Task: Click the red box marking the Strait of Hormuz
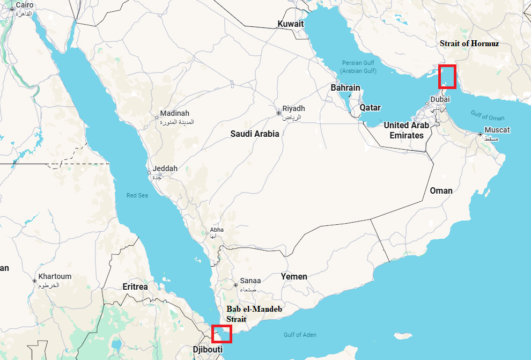click(447, 77)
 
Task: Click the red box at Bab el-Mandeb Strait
click(222, 334)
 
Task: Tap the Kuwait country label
click(290, 24)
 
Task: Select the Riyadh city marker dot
click(278, 113)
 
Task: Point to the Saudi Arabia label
click(255, 134)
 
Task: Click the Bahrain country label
click(345, 87)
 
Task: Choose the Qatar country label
click(370, 107)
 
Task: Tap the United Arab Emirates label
click(407, 130)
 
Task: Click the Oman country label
click(441, 190)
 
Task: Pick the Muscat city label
click(497, 130)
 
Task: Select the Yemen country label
click(294, 276)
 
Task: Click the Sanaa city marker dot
click(235, 285)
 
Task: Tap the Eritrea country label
click(135, 287)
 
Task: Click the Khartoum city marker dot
click(34, 281)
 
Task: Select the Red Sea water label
click(137, 195)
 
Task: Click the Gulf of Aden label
click(300, 335)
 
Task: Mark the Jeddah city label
click(165, 168)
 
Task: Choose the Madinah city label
click(175, 113)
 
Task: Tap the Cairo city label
click(24, 5)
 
